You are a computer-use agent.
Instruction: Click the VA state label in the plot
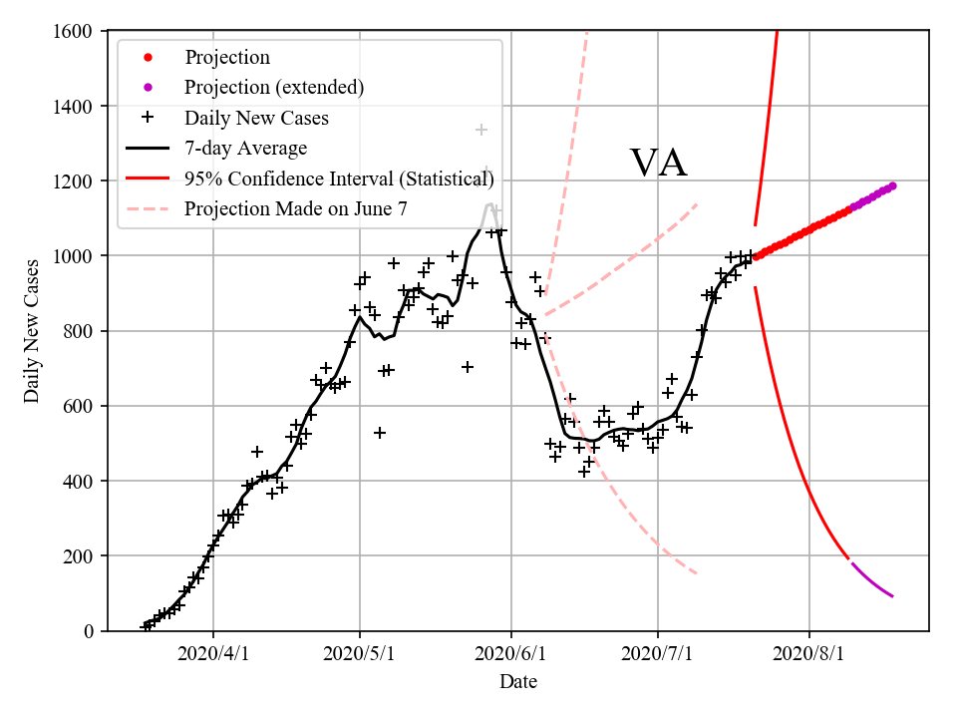[658, 164]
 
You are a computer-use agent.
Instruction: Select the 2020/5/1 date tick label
[361, 654]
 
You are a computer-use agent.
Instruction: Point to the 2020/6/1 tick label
[511, 654]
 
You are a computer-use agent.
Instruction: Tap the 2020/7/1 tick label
[658, 654]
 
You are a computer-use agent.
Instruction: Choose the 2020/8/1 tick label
[809, 654]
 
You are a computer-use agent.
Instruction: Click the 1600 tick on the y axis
[77, 32]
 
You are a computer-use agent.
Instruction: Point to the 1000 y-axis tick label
[77, 256]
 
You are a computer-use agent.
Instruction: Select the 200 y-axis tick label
[81, 556]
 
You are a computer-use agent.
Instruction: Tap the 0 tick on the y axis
[89, 631]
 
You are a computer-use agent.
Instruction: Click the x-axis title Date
[518, 682]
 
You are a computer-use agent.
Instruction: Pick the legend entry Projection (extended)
[274, 88]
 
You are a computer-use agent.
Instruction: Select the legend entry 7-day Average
[245, 149]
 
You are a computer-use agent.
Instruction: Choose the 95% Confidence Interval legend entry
[339, 179]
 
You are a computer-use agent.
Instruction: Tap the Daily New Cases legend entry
[256, 119]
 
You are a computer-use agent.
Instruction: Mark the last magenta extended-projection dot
[892, 185]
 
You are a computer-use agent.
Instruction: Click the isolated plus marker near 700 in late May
[467, 367]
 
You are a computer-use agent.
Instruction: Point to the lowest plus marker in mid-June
[584, 471]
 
